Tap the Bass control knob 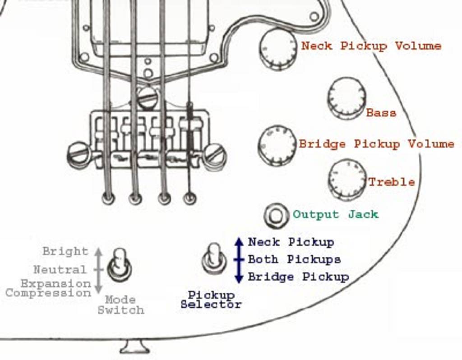pyautogui.click(x=346, y=97)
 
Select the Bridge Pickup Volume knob pyautogui.click(x=277, y=145)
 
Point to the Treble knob pyautogui.click(x=347, y=179)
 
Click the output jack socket pyautogui.click(x=276, y=215)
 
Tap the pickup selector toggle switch pyautogui.click(x=214, y=258)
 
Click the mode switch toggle pyautogui.click(x=119, y=265)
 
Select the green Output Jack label pyautogui.click(x=335, y=214)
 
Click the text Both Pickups pyautogui.click(x=294, y=259)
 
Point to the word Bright pyautogui.click(x=65, y=251)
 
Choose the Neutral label pyautogui.click(x=60, y=270)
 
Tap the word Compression pyautogui.click(x=48, y=293)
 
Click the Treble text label pyautogui.click(x=392, y=182)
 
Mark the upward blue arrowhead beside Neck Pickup pyautogui.click(x=239, y=241)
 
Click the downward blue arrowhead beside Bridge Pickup pyautogui.click(x=239, y=278)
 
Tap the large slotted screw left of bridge pyautogui.click(x=79, y=155)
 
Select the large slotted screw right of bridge pyautogui.click(x=214, y=156)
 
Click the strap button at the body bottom pyautogui.click(x=135, y=347)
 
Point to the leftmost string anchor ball pyautogui.click(x=108, y=198)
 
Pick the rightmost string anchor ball pyautogui.click(x=190, y=198)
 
